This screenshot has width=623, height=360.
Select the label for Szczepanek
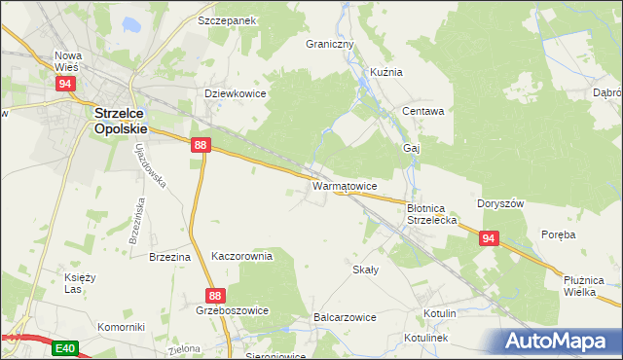[226, 19]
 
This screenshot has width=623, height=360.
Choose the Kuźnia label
[385, 72]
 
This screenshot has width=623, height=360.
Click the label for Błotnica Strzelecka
[431, 214]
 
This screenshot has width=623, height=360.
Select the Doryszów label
[501, 203]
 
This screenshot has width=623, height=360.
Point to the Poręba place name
[560, 234]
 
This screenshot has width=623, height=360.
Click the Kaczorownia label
[242, 256]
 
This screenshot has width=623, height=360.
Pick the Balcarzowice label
[345, 318]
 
